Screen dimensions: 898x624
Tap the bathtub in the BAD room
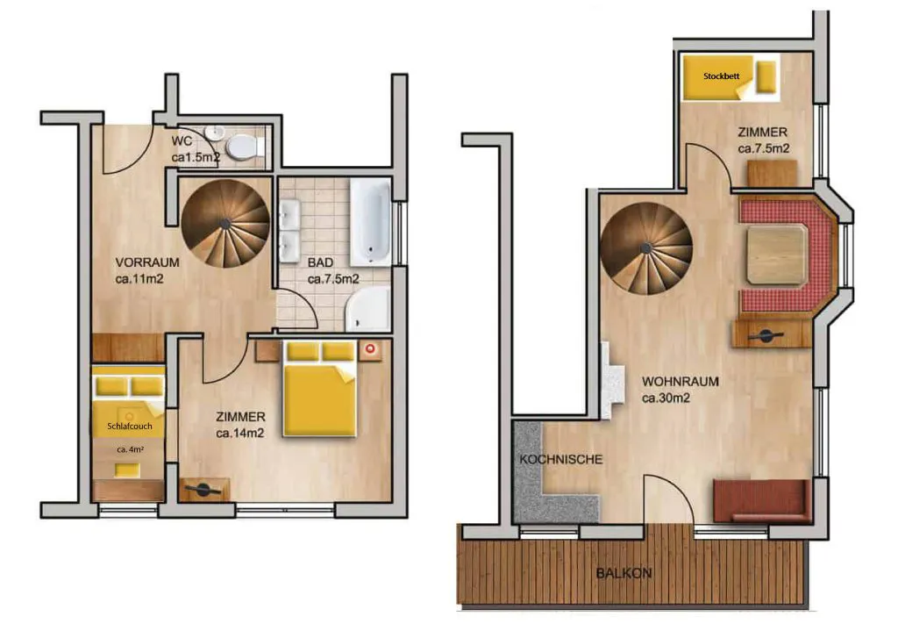click(371, 222)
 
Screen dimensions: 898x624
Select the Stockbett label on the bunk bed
click(721, 75)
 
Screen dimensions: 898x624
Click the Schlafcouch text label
click(130, 426)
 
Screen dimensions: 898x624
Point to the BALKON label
click(624, 573)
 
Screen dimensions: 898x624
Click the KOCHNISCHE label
click(561, 460)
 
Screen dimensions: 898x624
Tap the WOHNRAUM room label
click(681, 382)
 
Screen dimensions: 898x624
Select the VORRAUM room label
click(147, 262)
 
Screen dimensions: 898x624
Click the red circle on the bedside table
click(370, 348)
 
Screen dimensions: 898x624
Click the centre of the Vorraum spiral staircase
click(225, 223)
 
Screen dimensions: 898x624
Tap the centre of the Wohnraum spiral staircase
click(646, 248)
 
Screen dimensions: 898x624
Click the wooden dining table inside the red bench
click(777, 255)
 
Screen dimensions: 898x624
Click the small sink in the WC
click(215, 133)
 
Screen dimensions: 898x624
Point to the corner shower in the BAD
click(368, 308)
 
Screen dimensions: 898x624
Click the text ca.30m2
click(666, 398)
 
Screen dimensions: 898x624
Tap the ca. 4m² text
click(130, 450)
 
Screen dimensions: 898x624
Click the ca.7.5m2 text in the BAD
click(333, 279)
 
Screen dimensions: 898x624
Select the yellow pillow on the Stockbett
click(766, 76)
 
